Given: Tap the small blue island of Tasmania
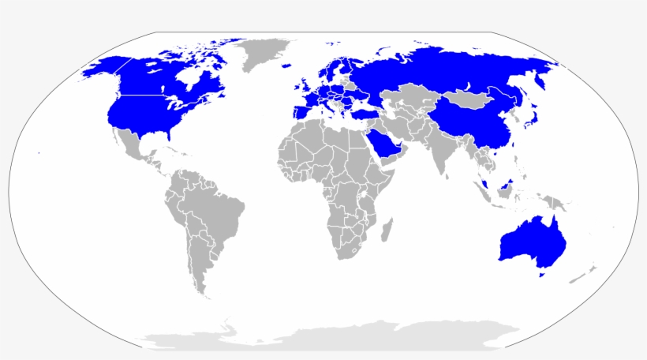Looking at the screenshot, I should tap(540, 275).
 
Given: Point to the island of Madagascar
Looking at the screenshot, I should tap(387, 231).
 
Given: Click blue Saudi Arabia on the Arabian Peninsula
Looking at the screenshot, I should tap(383, 143).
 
